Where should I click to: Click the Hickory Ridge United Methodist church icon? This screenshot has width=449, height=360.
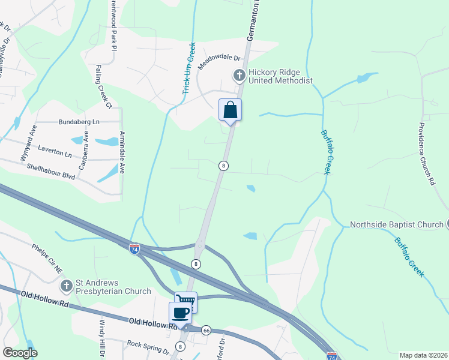(x=239, y=76)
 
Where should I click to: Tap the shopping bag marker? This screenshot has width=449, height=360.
(x=230, y=110)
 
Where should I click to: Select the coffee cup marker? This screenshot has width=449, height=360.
(x=181, y=312)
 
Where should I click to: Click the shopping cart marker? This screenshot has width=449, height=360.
(x=186, y=302)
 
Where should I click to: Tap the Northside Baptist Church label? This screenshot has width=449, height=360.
(x=397, y=225)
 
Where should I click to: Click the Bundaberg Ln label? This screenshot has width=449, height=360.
(x=79, y=122)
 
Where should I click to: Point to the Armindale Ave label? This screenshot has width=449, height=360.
(x=122, y=151)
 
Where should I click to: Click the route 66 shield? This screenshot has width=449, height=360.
(x=206, y=330)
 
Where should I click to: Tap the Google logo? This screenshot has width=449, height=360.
(x=20, y=353)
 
